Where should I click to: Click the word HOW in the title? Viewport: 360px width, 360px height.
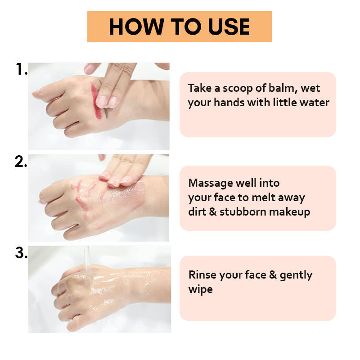[x=136, y=27]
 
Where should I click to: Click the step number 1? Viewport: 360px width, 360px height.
[x=22, y=69]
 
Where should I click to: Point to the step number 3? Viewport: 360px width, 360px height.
[x=21, y=253]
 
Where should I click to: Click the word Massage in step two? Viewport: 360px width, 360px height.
[x=211, y=184]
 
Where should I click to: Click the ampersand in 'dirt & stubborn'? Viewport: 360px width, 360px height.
[x=213, y=212]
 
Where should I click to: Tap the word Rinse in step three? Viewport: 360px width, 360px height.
[x=202, y=275]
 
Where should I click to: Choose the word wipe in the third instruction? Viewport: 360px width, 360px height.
[x=200, y=289]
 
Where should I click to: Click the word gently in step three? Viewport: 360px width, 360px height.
[x=296, y=275]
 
